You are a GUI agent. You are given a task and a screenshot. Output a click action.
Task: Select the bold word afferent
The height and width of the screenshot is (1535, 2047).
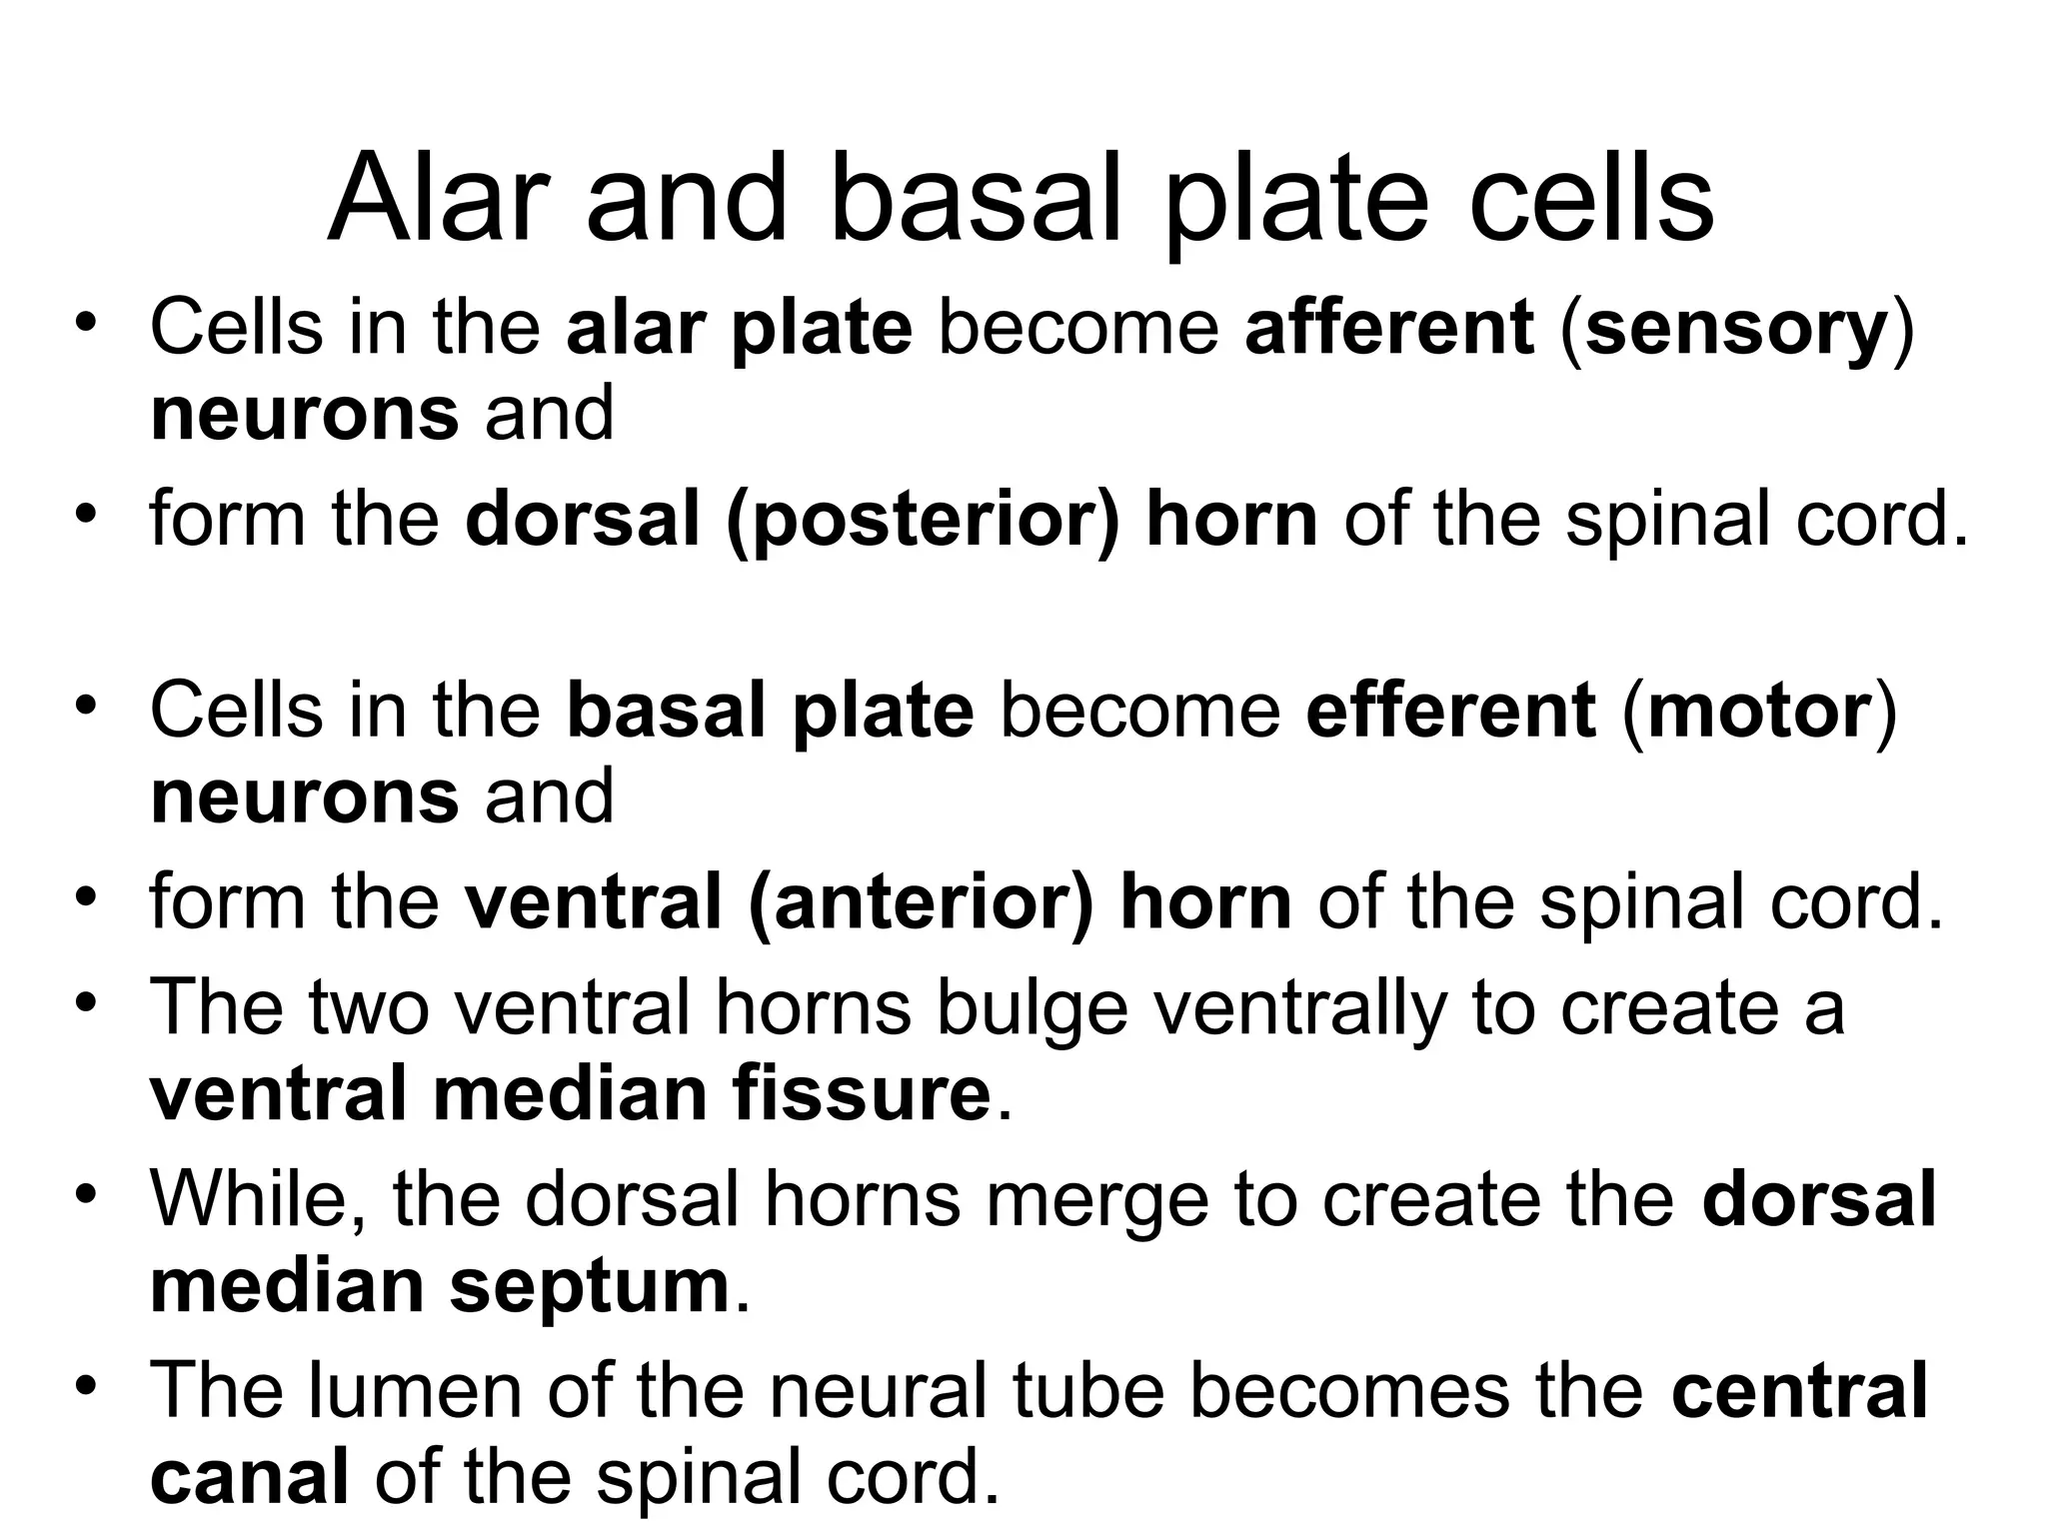click(1389, 328)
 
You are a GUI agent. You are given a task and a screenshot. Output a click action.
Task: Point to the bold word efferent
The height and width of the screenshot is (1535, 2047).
click(1450, 711)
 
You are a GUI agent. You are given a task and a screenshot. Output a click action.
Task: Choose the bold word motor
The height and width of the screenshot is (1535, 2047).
click(1759, 711)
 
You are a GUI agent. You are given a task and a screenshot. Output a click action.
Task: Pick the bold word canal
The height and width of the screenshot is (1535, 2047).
click(250, 1478)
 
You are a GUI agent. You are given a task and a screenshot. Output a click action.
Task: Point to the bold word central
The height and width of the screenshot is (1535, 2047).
click(1799, 1390)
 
